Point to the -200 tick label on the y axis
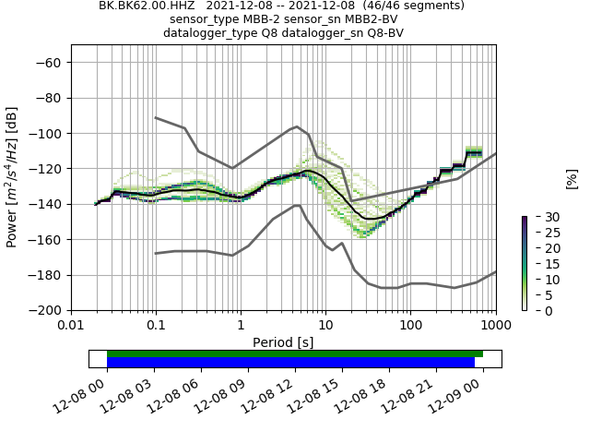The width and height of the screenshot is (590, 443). [x=47, y=311]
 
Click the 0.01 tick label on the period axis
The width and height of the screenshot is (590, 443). [x=71, y=325]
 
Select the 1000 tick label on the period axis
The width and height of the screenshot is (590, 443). [x=495, y=325]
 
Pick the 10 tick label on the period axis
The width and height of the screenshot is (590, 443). [x=325, y=325]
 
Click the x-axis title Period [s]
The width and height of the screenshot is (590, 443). [x=283, y=341]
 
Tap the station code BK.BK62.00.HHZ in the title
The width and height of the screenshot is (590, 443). [x=153, y=6]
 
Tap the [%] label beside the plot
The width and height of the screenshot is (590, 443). [x=572, y=178]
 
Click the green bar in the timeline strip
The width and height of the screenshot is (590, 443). [x=295, y=353]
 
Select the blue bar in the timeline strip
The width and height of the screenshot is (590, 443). [x=290, y=363]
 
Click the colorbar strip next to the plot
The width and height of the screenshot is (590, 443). [x=524, y=264]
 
